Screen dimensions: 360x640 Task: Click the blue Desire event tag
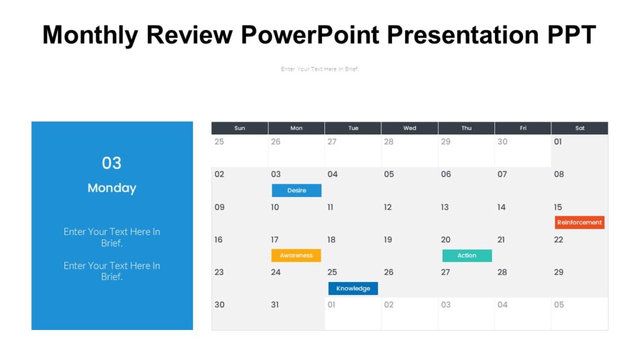296,191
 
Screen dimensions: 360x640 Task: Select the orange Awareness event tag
296,256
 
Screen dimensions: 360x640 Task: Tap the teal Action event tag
467,256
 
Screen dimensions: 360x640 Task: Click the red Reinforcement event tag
579,222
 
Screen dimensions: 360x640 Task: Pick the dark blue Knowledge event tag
353,289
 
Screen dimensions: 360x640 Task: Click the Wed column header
409,128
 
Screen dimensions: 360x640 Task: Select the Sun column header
239,128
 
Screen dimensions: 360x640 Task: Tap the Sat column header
579,128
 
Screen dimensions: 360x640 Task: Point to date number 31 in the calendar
275,305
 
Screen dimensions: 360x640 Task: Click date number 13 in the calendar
445,207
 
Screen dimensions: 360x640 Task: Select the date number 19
388,240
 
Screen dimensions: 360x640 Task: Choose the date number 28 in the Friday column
502,272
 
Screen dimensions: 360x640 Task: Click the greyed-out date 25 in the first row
219,142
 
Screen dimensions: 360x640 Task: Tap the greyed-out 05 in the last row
559,305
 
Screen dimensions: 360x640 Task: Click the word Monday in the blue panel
112,188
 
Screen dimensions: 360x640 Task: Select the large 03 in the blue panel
112,163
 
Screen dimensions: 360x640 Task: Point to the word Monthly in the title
90,35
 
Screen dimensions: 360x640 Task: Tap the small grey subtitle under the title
320,69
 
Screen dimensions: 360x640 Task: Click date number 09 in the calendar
219,207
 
